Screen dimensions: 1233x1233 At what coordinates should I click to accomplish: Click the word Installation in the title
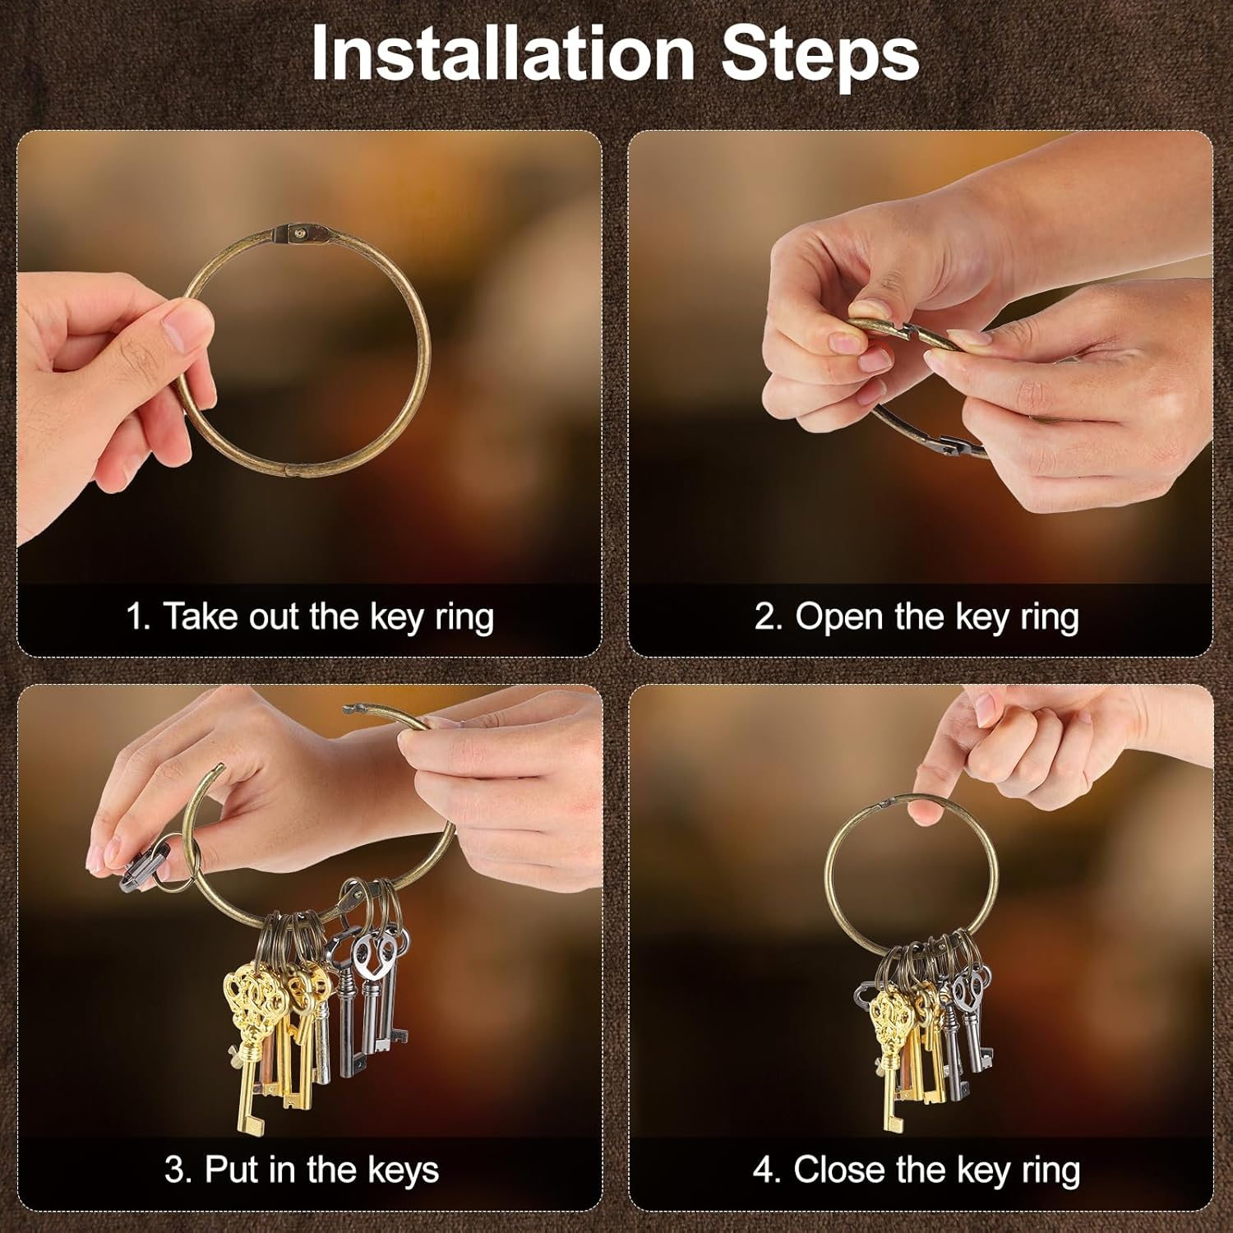[x=503, y=53]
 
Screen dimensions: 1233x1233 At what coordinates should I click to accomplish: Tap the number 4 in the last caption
[x=764, y=1170]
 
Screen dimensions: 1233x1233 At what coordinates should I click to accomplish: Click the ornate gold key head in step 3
[x=254, y=995]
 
